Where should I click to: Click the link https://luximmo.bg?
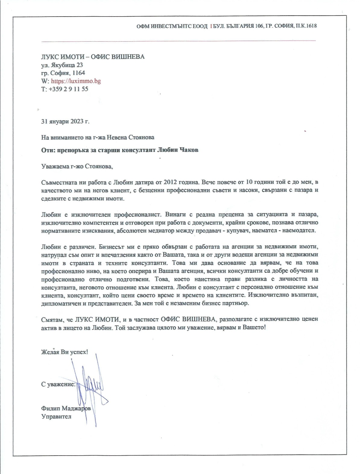(76, 81)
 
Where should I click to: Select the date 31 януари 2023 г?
(65, 122)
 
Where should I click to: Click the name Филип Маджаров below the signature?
(66, 409)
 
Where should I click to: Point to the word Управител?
(56, 417)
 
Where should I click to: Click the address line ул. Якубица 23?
(62, 65)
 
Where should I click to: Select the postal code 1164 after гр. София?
(79, 73)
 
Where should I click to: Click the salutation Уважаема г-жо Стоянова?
(77, 166)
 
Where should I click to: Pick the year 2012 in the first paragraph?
(173, 182)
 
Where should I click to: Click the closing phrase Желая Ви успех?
(65, 352)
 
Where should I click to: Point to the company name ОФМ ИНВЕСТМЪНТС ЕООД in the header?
(172, 26)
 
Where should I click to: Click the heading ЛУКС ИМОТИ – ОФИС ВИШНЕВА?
(93, 57)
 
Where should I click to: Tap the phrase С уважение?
(58, 385)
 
